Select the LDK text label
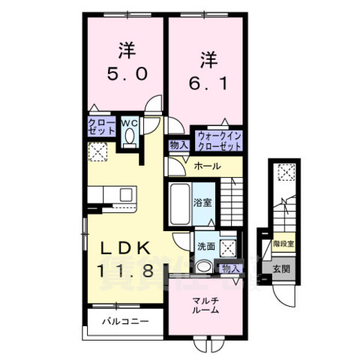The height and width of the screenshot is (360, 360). (x=126, y=247)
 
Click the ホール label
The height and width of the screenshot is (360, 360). (x=208, y=166)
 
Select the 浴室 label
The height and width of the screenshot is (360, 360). (x=202, y=202)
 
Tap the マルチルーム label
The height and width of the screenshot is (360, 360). (x=204, y=305)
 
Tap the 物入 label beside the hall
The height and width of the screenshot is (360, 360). (x=178, y=145)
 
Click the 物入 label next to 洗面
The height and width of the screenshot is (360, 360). (x=230, y=268)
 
